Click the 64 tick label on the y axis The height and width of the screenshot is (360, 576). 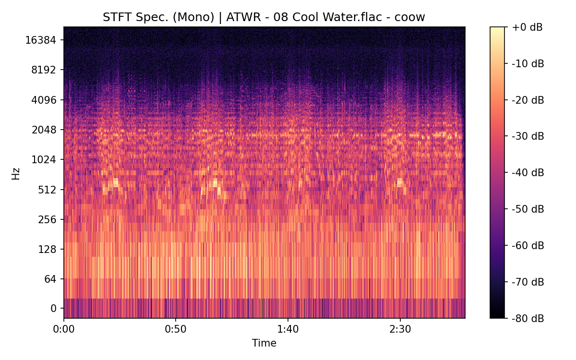(50, 279)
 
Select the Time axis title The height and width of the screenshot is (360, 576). (264, 343)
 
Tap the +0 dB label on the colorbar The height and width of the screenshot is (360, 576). (527, 27)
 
